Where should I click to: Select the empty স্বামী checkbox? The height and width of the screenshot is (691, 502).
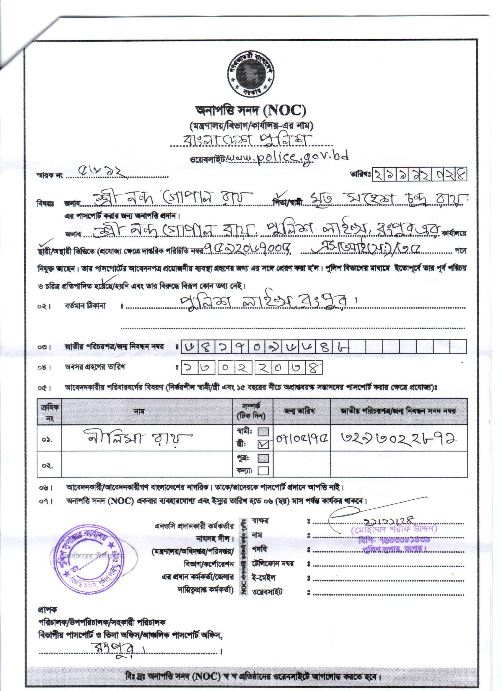tap(263, 432)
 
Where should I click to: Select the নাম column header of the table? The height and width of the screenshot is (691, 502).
tap(141, 411)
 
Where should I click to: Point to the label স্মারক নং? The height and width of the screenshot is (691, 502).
tap(50, 176)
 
